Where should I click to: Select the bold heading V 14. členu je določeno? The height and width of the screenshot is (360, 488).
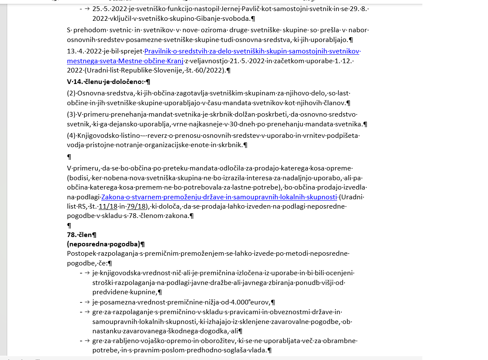coord(106,81)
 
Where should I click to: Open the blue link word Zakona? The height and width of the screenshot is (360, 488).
coord(112,197)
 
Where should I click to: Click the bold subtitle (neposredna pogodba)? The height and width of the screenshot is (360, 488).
coord(103,244)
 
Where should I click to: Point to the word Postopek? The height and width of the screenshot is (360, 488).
coord(82,254)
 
